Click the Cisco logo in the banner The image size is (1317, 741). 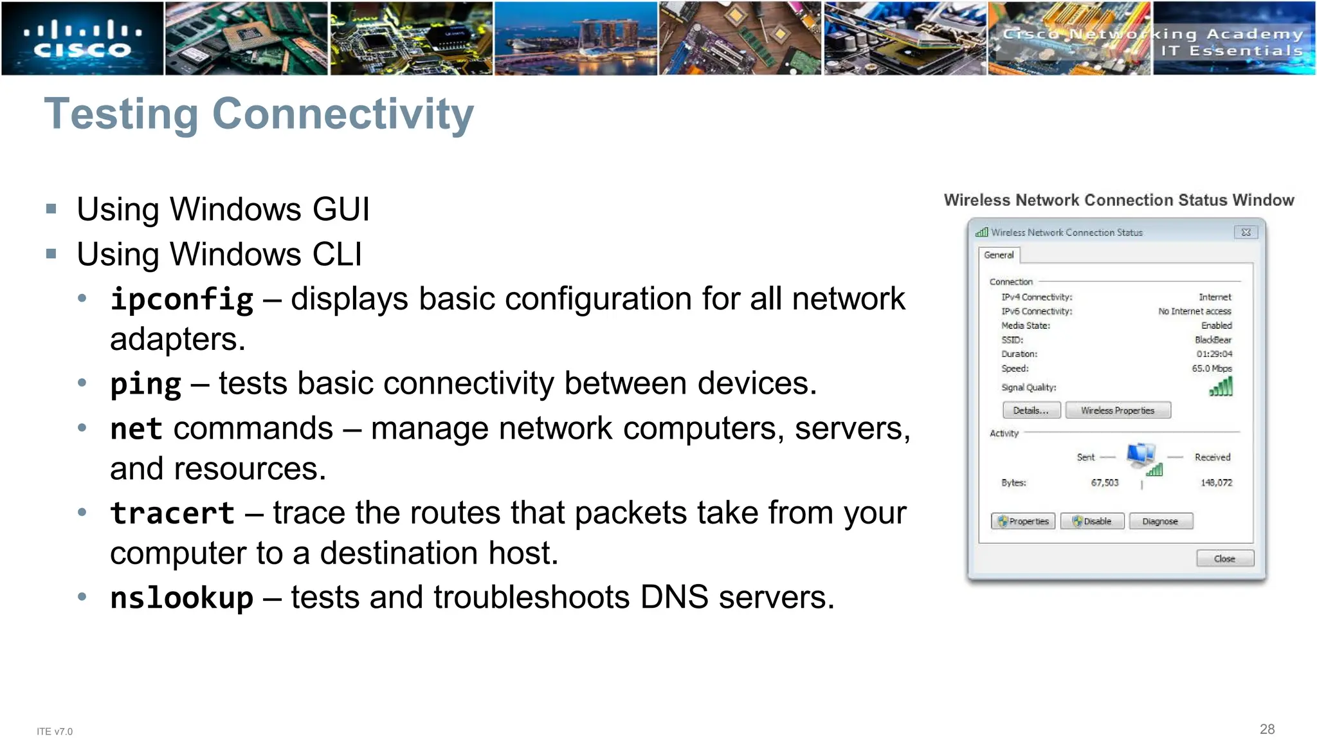tap(82, 39)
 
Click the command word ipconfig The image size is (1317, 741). tap(182, 299)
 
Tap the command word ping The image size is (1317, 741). tap(146, 384)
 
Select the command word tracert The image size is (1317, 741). tap(172, 513)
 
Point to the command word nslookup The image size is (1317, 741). tap(182, 598)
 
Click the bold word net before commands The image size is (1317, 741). tap(136, 429)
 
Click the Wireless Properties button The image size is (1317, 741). tap(1118, 410)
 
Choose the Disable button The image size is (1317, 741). tap(1092, 521)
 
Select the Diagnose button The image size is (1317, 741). tap(1160, 521)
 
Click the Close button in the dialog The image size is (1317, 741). tap(1224, 558)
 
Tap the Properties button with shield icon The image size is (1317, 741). tap(1023, 521)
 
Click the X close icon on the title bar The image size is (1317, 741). tap(1246, 232)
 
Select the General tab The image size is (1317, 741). tap(999, 255)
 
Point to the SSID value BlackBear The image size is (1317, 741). tap(1213, 340)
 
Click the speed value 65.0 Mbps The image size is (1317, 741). tap(1212, 369)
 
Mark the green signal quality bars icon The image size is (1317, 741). tap(1221, 387)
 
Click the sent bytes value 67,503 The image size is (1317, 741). tap(1104, 482)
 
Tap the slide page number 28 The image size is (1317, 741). tap(1267, 729)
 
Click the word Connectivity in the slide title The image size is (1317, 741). tap(343, 114)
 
